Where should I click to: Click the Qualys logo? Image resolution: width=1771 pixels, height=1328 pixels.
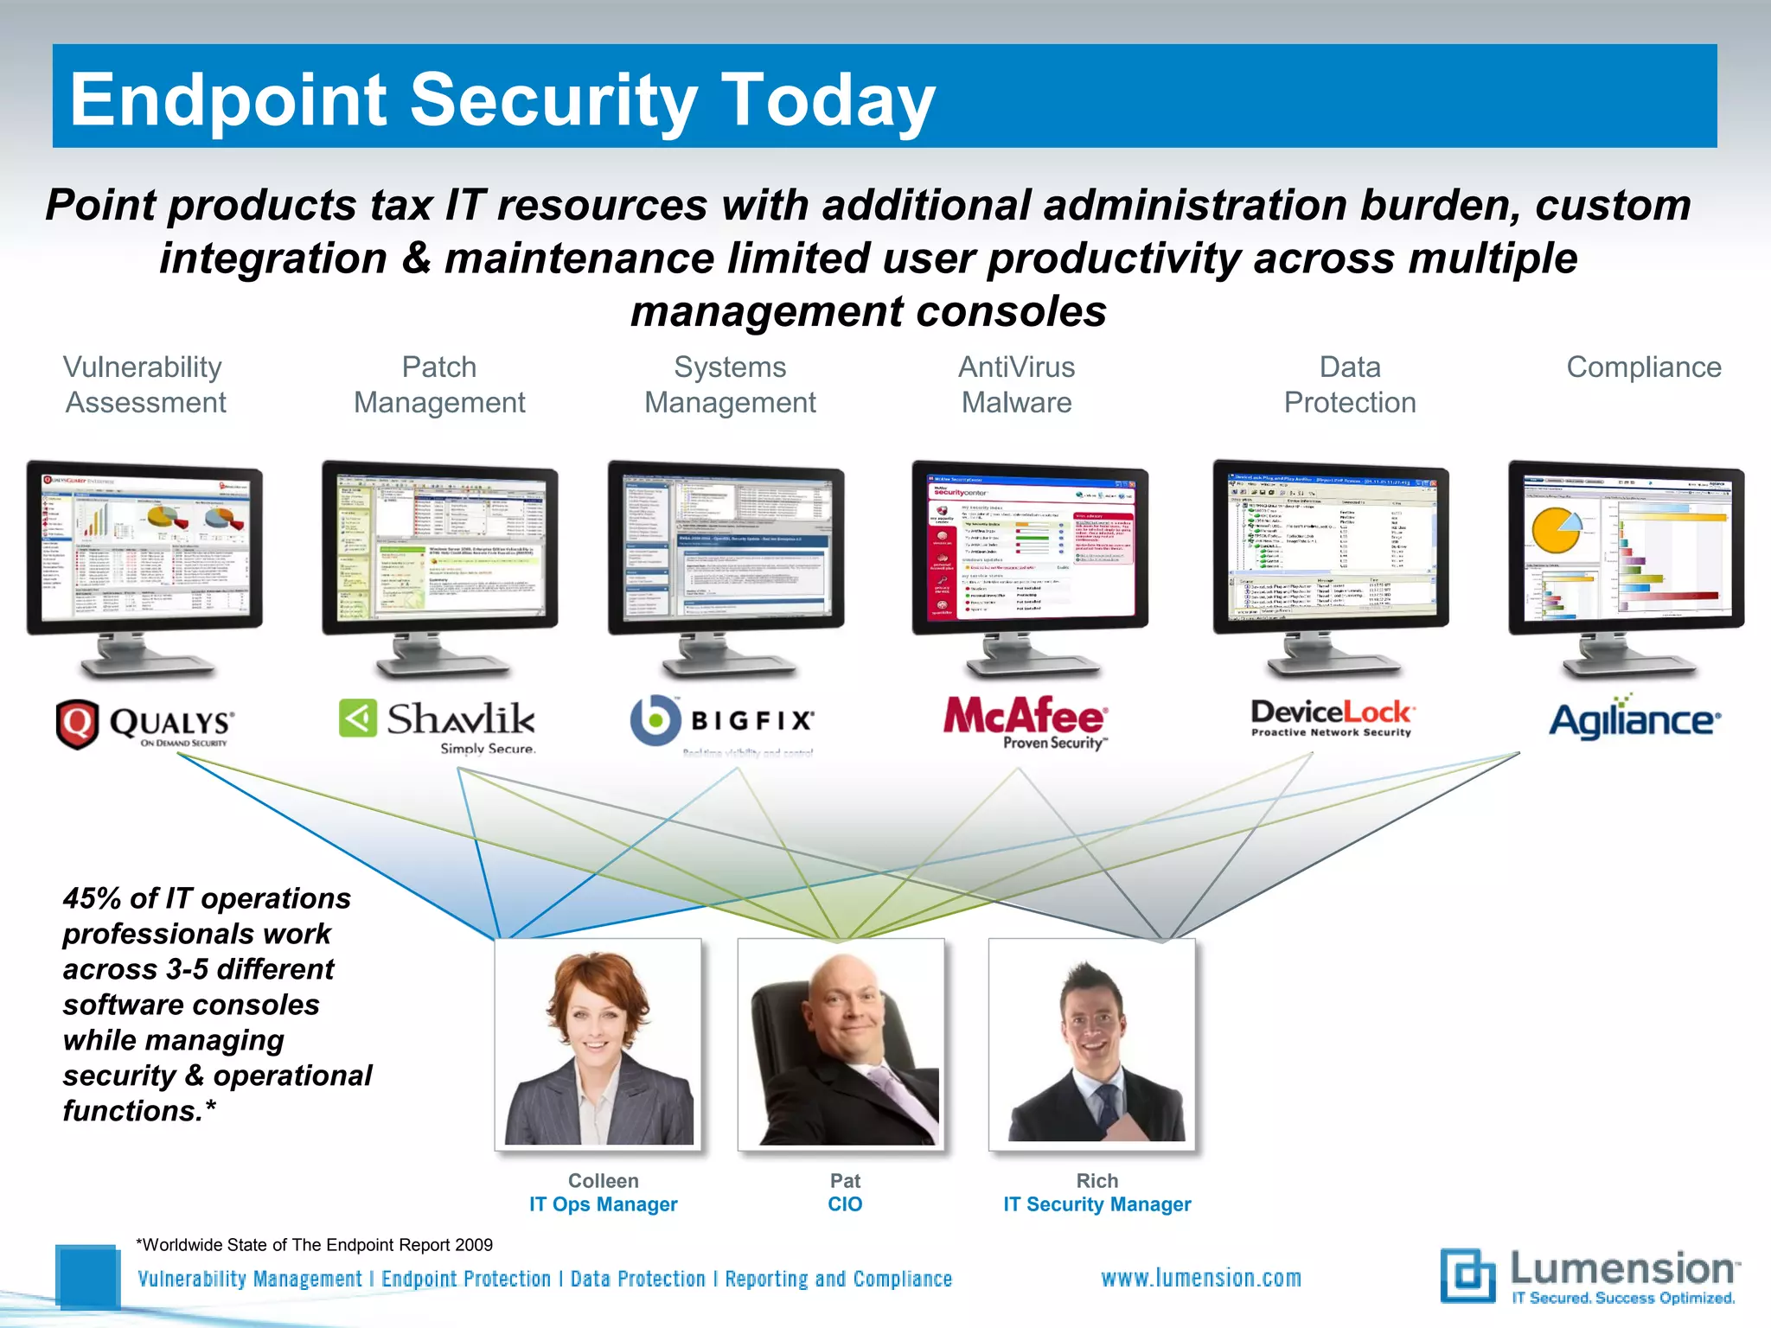point(144,725)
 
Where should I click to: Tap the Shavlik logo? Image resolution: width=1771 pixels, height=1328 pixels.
point(437,725)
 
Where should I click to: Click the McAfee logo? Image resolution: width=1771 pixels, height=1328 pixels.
point(1025,721)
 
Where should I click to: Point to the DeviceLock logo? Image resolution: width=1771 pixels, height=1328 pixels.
point(1332,718)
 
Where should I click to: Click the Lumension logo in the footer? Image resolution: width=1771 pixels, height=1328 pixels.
point(1589,1276)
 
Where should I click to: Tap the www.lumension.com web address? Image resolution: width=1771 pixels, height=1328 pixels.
point(1200,1278)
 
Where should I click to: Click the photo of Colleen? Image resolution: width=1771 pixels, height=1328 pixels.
point(598,1044)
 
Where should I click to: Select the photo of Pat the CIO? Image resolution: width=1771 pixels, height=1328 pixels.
point(841,1044)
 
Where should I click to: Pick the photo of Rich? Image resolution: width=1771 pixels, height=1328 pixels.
point(1092,1044)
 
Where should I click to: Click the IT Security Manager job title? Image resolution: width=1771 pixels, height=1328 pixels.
point(1096,1204)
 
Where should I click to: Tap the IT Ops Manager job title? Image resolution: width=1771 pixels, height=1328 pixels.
point(603,1204)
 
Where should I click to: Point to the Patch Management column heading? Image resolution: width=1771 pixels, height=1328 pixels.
point(439,385)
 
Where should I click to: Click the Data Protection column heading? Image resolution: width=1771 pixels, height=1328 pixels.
point(1350,385)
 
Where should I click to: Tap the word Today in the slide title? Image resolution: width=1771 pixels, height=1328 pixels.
point(828,100)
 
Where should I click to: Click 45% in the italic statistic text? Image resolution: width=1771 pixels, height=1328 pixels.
point(91,898)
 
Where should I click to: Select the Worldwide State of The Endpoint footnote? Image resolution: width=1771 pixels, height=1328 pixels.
point(315,1245)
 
